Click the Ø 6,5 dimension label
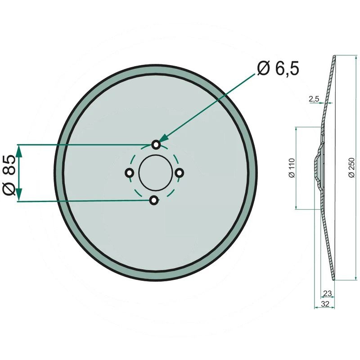(x=278, y=68)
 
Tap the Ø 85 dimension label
(x=9, y=175)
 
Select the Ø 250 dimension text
(x=351, y=167)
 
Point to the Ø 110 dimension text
(x=292, y=168)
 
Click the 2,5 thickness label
(x=314, y=99)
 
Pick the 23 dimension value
(x=327, y=293)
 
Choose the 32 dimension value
(x=325, y=304)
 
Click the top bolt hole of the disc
(x=156, y=144)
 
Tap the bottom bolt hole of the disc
(x=154, y=200)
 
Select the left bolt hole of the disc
(x=129, y=173)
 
